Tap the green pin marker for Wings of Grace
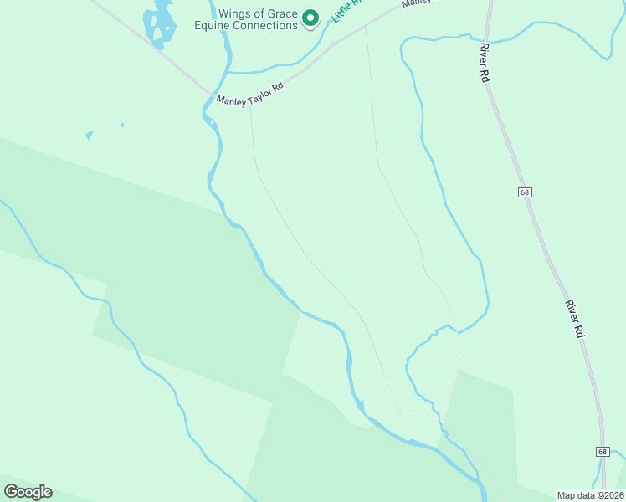point(310,17)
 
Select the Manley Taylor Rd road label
point(250,92)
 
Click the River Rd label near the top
point(484,63)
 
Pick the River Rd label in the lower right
point(574,318)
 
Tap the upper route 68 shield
point(525,192)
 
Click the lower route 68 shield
point(603,451)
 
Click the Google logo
point(28,491)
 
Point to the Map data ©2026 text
point(590,494)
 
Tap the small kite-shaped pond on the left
point(89,135)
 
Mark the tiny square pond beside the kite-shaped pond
point(121,125)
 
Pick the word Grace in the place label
point(280,13)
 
